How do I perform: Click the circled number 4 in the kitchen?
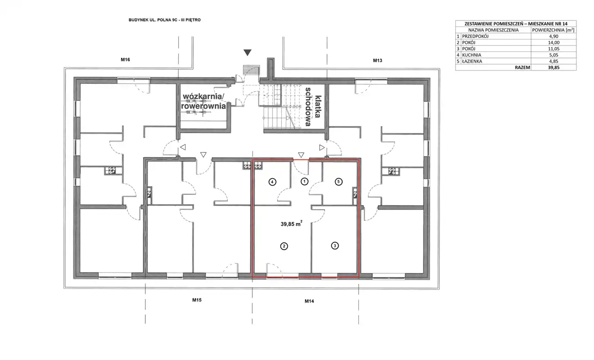tap(272, 182)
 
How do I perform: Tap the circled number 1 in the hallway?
tap(304, 181)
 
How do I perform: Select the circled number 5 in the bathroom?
tap(339, 181)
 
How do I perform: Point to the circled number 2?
tap(284, 246)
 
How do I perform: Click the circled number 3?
tap(335, 246)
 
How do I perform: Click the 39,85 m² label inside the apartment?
tap(291, 224)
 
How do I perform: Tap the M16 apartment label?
tap(125, 60)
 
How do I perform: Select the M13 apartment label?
tap(378, 60)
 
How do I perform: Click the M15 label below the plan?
tap(197, 300)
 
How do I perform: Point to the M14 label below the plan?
tap(309, 301)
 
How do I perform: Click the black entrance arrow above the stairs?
tap(247, 52)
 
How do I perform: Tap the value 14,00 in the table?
tap(554, 42)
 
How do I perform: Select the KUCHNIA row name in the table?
tap(471, 55)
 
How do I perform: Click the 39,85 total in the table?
tap(554, 67)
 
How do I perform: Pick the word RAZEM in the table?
tap(523, 67)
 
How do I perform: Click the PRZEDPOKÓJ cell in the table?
tap(475, 36)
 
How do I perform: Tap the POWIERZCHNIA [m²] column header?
tap(553, 30)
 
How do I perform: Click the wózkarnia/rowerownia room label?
tap(203, 101)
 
